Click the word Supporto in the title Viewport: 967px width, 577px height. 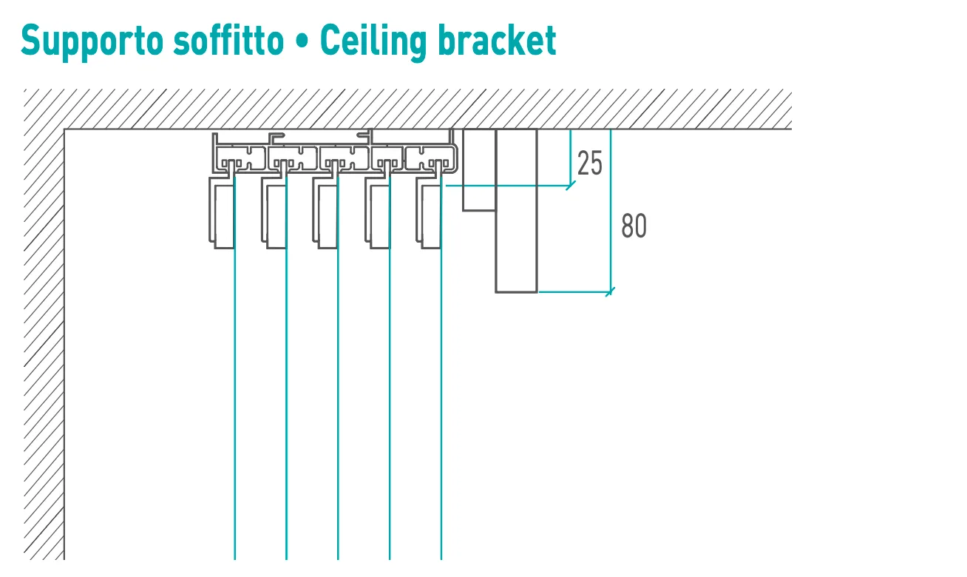point(92,41)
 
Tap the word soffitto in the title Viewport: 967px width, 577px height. point(228,40)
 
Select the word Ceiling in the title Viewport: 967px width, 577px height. point(373,41)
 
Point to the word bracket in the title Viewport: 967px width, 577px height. point(497,40)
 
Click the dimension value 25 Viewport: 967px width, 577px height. point(590,163)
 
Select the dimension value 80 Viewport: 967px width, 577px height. point(634,226)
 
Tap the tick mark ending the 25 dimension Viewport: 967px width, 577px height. point(571,186)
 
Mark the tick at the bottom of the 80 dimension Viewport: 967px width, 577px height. point(610,292)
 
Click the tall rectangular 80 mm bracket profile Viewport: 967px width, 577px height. point(516,211)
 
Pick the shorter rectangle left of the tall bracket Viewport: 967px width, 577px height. point(479,169)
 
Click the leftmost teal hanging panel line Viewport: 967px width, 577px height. point(235,367)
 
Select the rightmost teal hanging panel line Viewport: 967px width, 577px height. point(441,367)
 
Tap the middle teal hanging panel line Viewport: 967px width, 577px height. point(338,367)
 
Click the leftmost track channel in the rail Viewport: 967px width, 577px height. point(241,158)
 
